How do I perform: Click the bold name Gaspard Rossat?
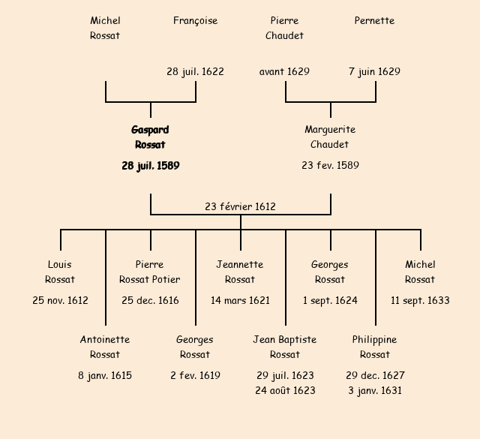(x=150, y=137)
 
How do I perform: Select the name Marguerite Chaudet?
(x=330, y=137)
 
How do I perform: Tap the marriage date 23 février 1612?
(x=240, y=206)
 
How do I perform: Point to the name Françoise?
(x=195, y=21)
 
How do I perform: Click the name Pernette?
(x=374, y=21)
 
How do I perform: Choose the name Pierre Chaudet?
(x=284, y=29)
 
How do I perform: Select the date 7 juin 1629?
(x=374, y=72)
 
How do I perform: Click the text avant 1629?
(x=284, y=72)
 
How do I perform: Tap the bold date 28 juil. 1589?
(x=150, y=165)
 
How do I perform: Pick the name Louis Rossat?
(x=60, y=272)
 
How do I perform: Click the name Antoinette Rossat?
(x=105, y=347)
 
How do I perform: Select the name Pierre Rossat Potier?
(x=150, y=272)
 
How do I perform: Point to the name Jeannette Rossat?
(x=240, y=272)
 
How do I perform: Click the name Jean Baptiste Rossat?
(x=285, y=347)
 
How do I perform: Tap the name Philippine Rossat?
(x=374, y=347)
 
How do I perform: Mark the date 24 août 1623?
(x=285, y=390)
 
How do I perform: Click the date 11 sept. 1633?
(x=420, y=300)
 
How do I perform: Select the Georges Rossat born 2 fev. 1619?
(x=195, y=347)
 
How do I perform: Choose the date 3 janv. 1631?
(x=374, y=390)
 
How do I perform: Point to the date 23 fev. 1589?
(x=330, y=165)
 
